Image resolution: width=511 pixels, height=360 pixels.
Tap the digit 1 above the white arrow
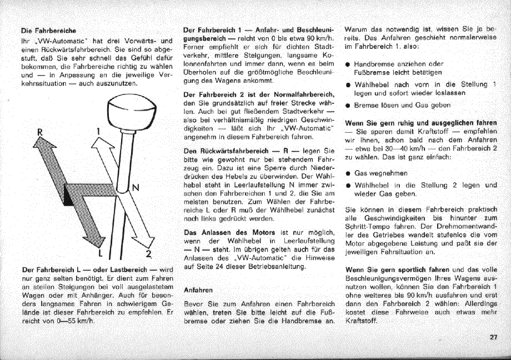98,132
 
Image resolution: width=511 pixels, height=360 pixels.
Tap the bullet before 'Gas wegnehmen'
347,173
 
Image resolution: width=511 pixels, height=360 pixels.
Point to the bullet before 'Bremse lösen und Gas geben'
347,105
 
